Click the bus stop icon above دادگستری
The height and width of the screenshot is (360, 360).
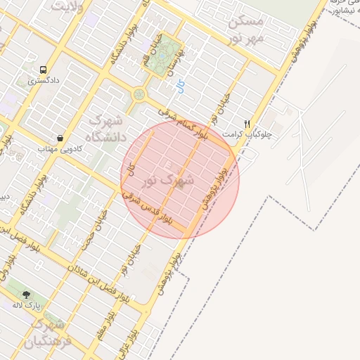pos(44,70)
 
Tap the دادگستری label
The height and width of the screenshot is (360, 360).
pos(43,81)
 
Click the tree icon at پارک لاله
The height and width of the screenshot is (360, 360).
pos(27,295)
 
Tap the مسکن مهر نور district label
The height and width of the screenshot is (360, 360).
pos(245,28)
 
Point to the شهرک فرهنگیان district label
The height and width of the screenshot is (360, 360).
pos(48,334)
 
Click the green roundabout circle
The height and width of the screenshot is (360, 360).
pos(139,93)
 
